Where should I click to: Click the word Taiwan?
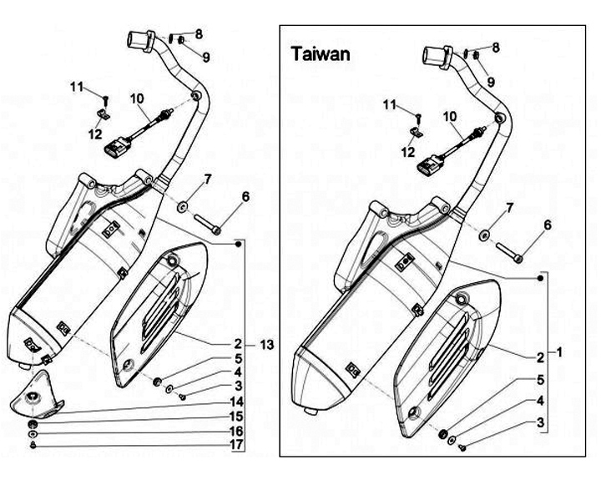(x=321, y=54)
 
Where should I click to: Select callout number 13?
(x=266, y=345)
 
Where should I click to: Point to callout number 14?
(x=238, y=400)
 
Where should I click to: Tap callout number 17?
(x=238, y=445)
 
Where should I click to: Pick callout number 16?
(x=238, y=431)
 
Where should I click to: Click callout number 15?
(x=238, y=416)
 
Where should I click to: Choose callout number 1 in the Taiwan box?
(x=560, y=352)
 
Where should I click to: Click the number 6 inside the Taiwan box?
(x=548, y=224)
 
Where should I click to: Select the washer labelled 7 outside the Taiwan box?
(x=183, y=205)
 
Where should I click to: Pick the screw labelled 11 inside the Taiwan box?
(x=420, y=112)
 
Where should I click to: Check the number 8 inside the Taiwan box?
(x=496, y=48)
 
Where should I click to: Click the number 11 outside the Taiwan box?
(x=77, y=87)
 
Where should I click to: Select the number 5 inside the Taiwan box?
(x=541, y=378)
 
